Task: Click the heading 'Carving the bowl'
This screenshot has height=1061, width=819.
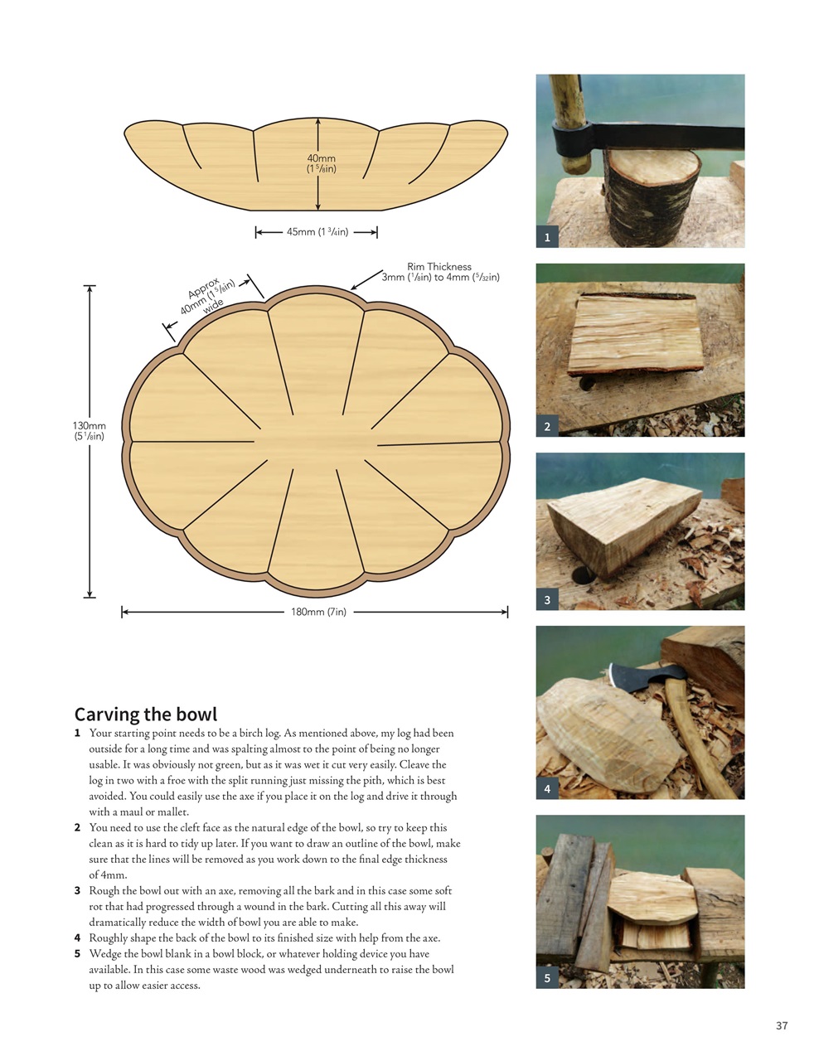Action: tap(146, 715)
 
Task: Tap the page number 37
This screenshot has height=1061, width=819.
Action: tap(782, 1025)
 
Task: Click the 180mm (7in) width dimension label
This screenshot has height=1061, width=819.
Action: tap(318, 612)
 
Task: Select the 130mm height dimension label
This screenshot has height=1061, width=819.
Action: tap(90, 431)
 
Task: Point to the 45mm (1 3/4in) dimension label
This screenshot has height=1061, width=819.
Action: tap(317, 232)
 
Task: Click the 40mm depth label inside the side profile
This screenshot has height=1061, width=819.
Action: tap(322, 163)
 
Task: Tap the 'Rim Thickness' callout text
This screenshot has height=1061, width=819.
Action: tap(439, 272)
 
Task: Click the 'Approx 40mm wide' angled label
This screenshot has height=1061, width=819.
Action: tap(207, 297)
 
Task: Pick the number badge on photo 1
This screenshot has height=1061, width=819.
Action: tap(547, 238)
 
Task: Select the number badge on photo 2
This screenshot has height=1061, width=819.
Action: tap(547, 427)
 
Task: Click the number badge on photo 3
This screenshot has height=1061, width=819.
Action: tap(547, 600)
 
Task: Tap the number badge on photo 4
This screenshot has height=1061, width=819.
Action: tap(547, 789)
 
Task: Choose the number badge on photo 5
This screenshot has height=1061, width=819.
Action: tap(547, 978)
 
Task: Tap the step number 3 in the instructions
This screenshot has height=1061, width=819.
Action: tap(77, 891)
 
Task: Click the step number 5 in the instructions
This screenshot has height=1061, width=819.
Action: tap(77, 954)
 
